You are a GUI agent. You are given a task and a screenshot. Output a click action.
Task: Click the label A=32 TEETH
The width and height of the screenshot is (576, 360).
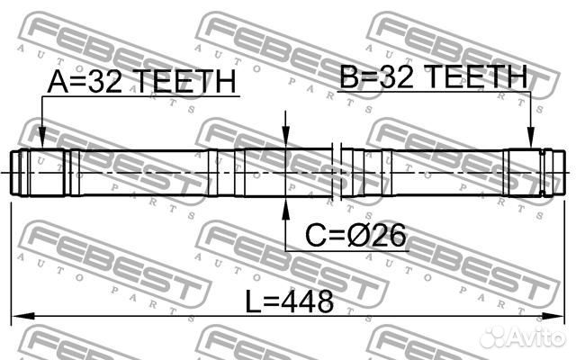click(142, 81)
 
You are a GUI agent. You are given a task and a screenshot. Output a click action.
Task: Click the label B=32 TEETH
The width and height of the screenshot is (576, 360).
click(434, 76)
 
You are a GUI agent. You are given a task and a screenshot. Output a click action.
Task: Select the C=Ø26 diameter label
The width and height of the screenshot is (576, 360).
click(356, 236)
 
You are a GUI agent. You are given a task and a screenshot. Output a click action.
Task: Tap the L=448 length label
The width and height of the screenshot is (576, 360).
click(290, 301)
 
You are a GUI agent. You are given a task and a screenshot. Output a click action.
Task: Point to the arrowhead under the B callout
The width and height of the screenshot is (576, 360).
click(530, 138)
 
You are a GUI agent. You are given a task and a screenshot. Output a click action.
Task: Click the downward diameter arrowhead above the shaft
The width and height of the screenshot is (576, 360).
click(286, 137)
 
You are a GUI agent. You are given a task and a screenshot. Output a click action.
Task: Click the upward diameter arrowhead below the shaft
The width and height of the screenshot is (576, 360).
click(286, 210)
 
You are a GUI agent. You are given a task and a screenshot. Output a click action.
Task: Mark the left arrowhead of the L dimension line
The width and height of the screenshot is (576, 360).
click(22, 316)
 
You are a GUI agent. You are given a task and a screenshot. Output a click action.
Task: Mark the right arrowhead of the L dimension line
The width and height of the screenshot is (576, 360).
click(553, 316)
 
